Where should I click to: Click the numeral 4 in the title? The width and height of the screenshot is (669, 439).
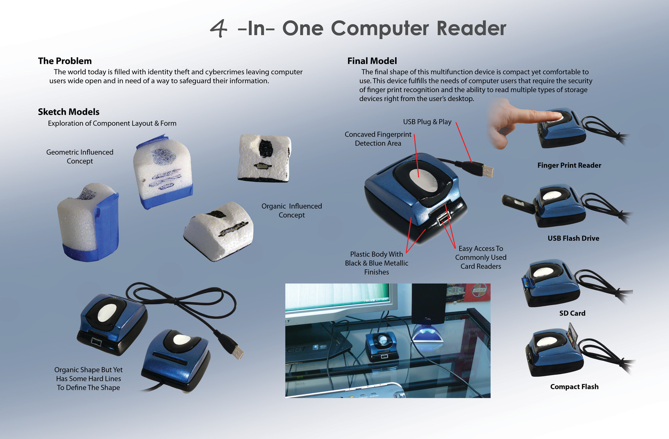tap(218, 28)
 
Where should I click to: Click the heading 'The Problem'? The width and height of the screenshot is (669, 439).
tap(65, 61)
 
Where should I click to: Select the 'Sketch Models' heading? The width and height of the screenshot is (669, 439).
tap(69, 112)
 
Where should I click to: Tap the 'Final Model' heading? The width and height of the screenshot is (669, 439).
tap(372, 61)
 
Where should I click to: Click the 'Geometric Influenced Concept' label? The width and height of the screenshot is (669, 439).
tap(80, 157)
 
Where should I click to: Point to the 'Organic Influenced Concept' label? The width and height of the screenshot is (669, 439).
tap(291, 211)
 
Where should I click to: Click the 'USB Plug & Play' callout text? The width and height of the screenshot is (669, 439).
tap(427, 122)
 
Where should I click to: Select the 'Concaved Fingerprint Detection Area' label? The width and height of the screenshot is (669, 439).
tap(378, 139)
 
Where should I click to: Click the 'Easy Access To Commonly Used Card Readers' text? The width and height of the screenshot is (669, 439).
tap(481, 257)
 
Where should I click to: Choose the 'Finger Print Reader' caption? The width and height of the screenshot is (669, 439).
tap(569, 166)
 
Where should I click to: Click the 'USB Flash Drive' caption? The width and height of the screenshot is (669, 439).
tap(573, 239)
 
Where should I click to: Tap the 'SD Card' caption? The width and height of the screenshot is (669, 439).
tap(572, 313)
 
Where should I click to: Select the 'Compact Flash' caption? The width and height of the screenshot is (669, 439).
tap(574, 387)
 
